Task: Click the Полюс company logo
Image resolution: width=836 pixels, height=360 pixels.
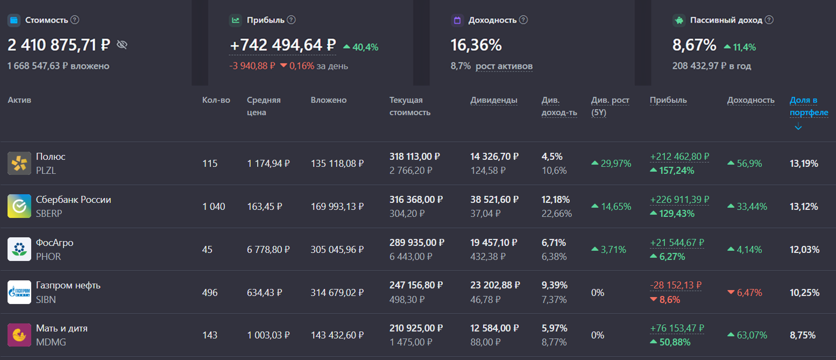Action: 19,163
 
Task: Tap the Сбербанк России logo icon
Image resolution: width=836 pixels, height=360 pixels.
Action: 19,206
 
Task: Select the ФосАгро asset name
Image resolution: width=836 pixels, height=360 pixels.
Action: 54,243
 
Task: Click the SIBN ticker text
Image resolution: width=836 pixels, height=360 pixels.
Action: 46,299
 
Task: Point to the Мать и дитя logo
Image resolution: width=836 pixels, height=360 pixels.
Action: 19,335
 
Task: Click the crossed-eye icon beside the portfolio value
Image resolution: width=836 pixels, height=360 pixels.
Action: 122,45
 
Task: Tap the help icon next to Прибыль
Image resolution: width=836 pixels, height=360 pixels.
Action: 291,20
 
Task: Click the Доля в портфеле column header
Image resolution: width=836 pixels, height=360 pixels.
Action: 809,107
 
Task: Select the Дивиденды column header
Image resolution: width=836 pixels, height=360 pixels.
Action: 494,100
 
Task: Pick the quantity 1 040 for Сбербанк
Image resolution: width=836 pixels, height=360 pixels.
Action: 214,207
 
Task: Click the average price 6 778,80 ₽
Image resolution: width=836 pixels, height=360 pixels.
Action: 268,250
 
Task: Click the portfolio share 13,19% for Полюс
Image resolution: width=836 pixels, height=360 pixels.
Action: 804,164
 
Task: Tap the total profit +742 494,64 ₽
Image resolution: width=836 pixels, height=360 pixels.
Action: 282,45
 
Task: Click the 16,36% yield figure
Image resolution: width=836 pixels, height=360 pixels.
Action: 476,45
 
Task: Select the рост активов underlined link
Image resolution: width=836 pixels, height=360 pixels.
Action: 504,66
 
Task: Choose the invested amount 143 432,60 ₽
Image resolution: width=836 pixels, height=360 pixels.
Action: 337,335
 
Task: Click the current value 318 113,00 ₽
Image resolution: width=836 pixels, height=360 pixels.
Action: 415,157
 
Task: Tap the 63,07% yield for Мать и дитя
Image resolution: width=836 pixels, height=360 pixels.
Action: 752,335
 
